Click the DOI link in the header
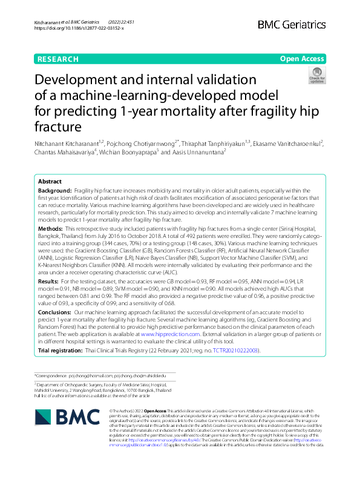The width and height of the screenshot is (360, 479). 79,28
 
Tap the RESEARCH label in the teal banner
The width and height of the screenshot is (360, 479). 58,59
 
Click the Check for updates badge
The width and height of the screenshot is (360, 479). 316,76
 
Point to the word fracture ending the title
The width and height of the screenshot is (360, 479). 59,127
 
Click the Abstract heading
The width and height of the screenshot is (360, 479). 50,182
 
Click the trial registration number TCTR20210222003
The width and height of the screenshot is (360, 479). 233,351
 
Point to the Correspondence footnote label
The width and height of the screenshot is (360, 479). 51,376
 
